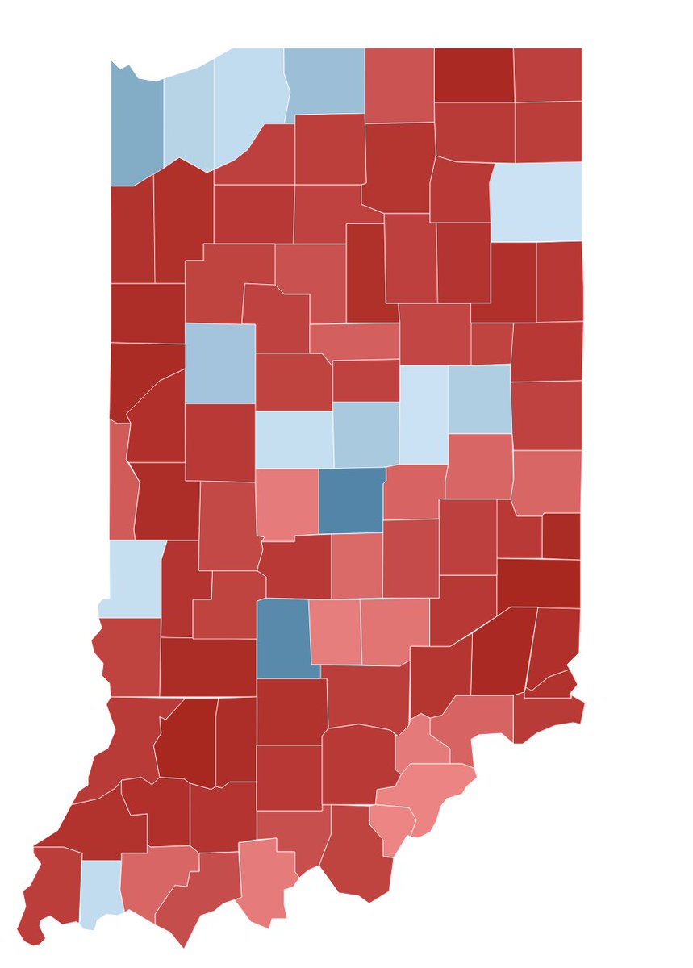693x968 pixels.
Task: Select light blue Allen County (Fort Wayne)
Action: (x=536, y=202)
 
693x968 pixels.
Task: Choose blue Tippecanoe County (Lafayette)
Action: (x=219, y=363)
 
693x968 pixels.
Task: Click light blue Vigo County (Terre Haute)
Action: (x=133, y=577)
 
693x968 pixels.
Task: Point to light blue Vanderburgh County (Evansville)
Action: (x=101, y=891)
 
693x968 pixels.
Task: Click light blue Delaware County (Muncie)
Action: (x=479, y=399)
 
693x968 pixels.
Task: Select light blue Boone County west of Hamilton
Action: (x=294, y=440)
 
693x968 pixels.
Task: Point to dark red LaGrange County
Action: (x=474, y=75)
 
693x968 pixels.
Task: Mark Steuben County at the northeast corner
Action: (x=548, y=75)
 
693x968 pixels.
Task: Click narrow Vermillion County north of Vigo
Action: (x=119, y=480)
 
